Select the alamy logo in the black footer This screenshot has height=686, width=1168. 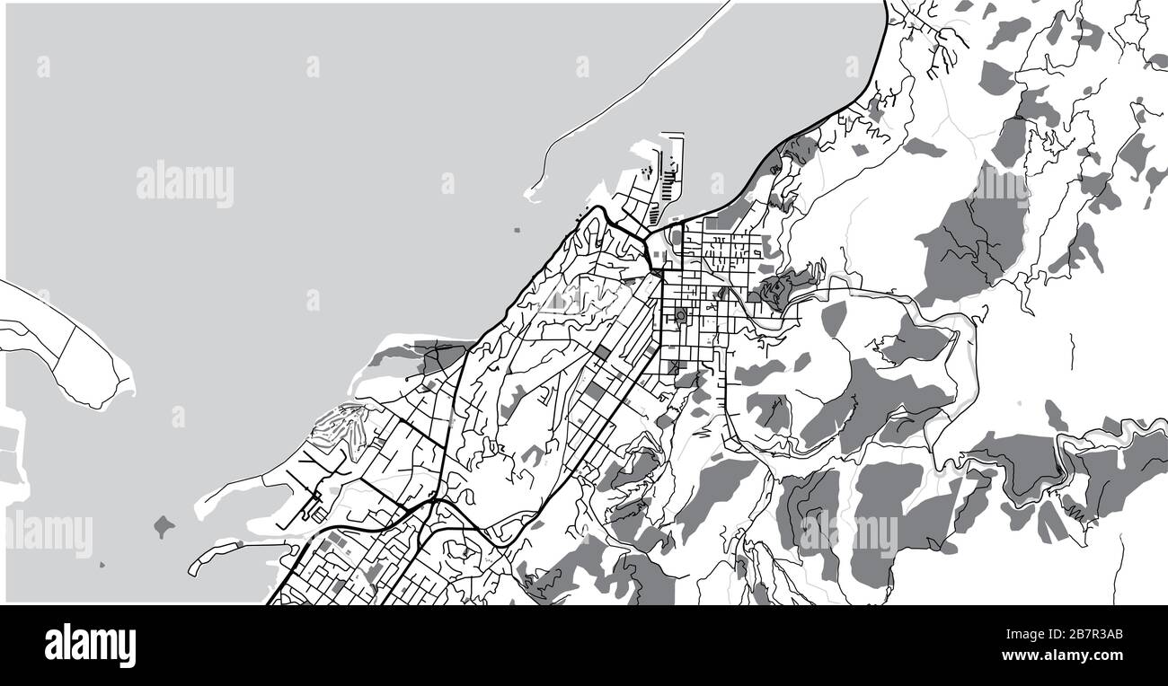point(90,645)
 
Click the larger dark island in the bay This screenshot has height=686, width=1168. point(164,525)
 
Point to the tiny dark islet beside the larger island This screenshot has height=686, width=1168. point(101,565)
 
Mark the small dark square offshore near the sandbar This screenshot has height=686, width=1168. point(517,231)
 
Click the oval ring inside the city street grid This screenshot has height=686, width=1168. point(680,315)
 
